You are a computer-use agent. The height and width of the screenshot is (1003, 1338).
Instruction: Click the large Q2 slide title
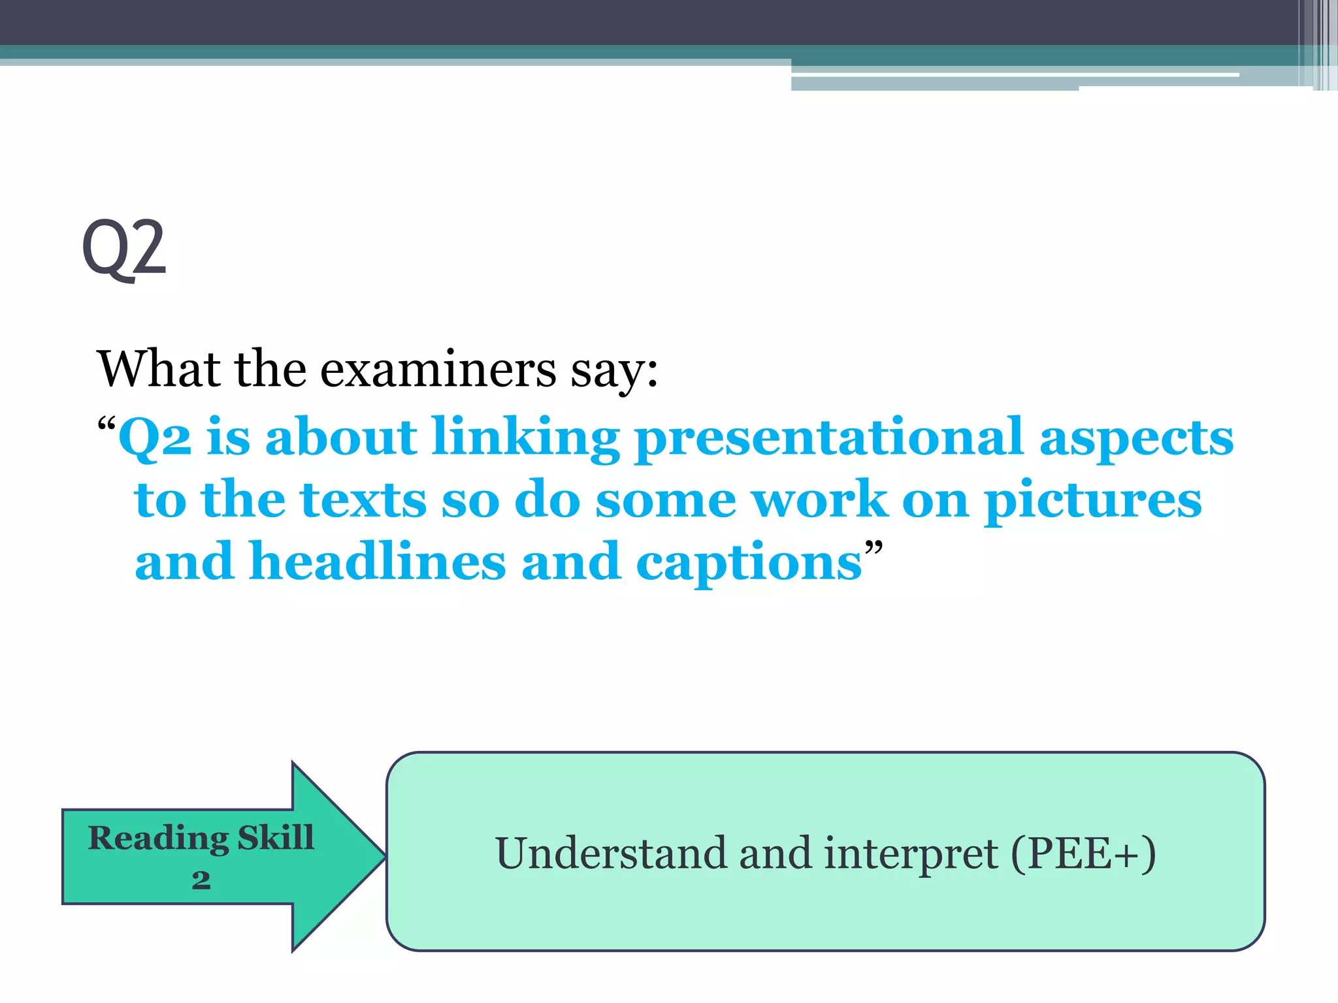124,248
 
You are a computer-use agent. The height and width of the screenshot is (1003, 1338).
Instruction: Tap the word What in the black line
157,370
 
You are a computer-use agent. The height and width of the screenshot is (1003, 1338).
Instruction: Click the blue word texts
363,500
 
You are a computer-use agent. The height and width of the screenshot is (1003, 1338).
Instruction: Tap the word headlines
378,562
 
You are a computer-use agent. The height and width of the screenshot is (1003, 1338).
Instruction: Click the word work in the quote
819,500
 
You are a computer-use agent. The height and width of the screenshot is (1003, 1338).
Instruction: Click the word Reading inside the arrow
158,838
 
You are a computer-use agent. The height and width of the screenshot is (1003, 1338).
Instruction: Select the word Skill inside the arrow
276,837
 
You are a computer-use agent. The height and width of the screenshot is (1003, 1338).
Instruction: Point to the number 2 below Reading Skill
201,880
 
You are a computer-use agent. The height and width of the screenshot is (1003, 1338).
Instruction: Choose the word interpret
911,854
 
